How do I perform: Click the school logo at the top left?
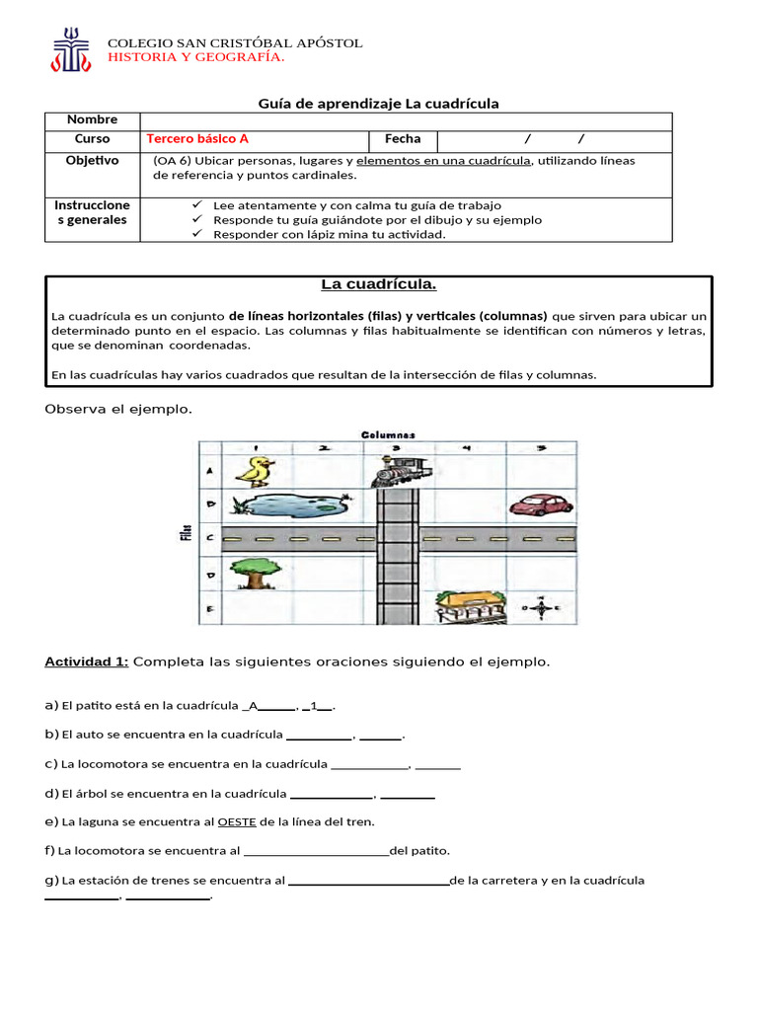point(70,49)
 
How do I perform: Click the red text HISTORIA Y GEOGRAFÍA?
point(195,57)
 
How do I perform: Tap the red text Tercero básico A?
point(197,139)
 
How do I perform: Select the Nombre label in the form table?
point(92,119)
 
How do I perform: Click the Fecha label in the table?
point(403,139)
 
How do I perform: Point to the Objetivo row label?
point(92,160)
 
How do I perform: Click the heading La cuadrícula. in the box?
point(379,285)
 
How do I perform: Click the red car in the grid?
point(541,505)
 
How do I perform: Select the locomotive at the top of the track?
point(399,471)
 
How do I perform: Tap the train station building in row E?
point(471,606)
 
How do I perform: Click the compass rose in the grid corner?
point(541,607)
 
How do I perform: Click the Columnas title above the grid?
point(388,434)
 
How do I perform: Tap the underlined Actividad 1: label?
point(86,661)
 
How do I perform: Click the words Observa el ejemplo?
point(118,409)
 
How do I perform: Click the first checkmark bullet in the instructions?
point(195,204)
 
